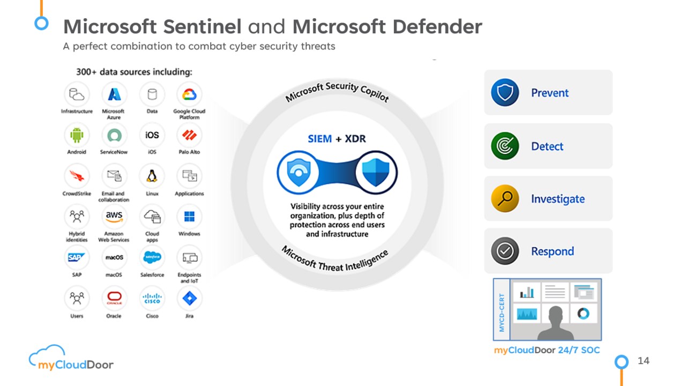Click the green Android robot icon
point(77,135)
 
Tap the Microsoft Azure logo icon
point(114,94)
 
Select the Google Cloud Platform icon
point(189,94)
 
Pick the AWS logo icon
point(114,217)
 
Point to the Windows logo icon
point(189,216)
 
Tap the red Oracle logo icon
point(114,298)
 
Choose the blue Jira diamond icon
point(189,298)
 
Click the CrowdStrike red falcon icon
point(77,176)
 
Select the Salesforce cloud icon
point(152,257)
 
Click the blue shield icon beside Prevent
point(505,92)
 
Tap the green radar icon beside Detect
point(505,146)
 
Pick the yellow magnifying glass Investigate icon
point(505,198)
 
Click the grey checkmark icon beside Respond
point(505,251)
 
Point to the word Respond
point(553,251)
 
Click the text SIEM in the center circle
point(319,139)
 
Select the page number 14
point(644,361)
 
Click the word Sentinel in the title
point(202,26)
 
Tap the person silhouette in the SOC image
point(555,323)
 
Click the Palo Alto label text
point(189,152)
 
